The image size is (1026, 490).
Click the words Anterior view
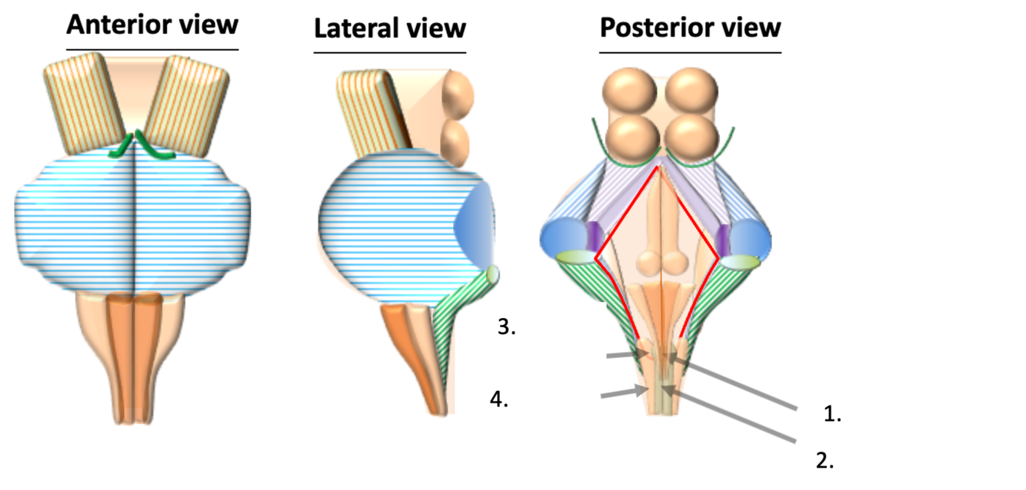152,25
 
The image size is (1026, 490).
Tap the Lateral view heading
390,28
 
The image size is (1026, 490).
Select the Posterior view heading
690,28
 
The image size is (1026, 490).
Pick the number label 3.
505,327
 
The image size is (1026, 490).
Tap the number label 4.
500,399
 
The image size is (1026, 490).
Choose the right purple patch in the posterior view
724,239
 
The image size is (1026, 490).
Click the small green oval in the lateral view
491,273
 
